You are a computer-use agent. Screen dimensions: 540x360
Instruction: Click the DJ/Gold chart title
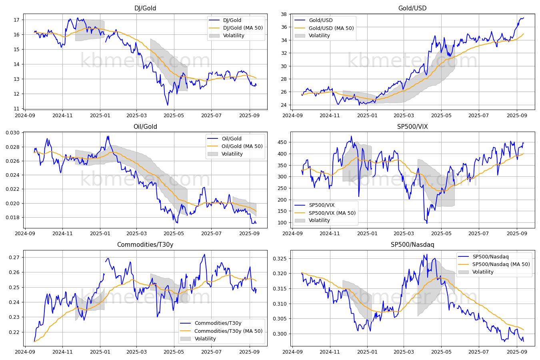(x=145, y=8)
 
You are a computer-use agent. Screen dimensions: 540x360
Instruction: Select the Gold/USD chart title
(x=412, y=8)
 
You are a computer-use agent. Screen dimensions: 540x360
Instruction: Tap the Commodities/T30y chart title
(x=145, y=244)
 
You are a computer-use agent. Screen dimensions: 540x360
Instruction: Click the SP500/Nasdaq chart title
(x=412, y=244)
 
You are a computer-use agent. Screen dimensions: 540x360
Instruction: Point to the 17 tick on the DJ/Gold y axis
(x=16, y=20)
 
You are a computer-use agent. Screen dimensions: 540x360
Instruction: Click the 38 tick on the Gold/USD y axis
(x=284, y=14)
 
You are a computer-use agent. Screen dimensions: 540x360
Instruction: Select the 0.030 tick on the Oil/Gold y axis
(x=12, y=133)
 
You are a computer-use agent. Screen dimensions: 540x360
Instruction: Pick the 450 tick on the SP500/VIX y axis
(x=282, y=142)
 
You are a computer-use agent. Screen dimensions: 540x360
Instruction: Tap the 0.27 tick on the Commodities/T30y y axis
(x=14, y=257)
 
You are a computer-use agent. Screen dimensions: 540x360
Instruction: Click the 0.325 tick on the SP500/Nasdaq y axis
(x=280, y=259)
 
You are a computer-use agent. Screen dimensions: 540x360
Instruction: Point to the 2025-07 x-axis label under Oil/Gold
(x=211, y=234)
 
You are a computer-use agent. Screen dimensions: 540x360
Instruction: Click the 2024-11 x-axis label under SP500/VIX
(x=330, y=234)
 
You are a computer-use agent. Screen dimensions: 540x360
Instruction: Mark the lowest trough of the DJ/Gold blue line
(x=168, y=105)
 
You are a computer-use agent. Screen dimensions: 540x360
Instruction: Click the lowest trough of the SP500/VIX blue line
(x=427, y=223)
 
